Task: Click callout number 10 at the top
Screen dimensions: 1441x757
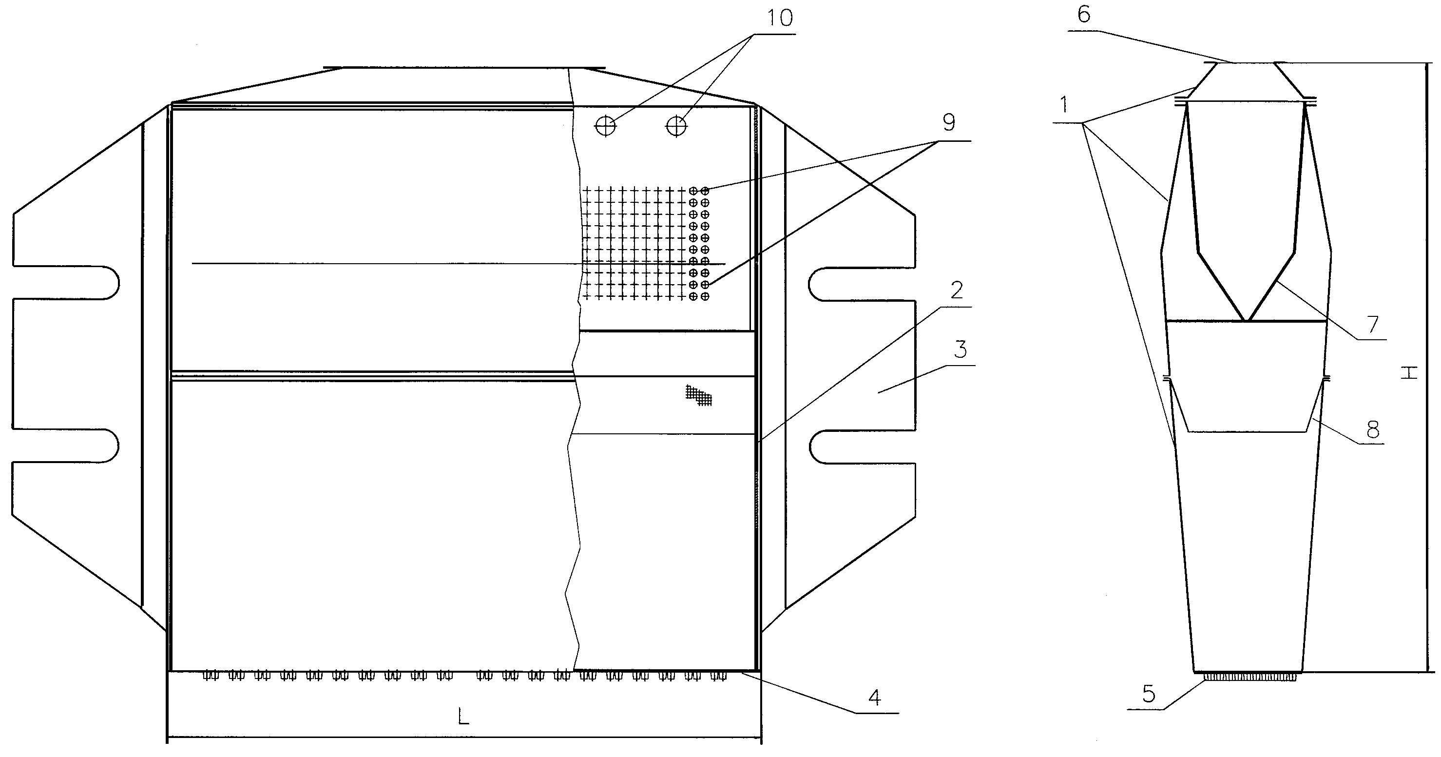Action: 780,19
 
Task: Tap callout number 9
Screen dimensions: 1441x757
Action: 949,122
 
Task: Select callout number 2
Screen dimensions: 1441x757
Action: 957,290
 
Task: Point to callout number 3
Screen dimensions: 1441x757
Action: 960,349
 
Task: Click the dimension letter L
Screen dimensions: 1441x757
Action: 463,716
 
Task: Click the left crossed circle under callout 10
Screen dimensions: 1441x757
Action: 605,126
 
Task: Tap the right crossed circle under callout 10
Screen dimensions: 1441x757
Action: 676,126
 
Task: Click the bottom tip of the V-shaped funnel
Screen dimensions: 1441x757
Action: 1247,321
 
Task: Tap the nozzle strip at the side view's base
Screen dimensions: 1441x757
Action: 1248,677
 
